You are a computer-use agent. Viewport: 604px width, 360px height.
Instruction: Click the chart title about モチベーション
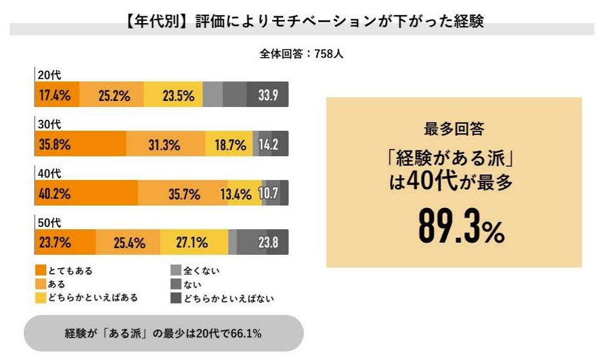[301, 22]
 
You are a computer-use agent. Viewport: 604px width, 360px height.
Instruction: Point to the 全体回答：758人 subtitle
[301, 54]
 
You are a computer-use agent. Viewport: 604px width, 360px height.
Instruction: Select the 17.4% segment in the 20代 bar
[55, 95]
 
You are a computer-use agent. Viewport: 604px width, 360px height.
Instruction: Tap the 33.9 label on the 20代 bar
[268, 95]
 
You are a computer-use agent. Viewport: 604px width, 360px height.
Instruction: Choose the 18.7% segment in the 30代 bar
[230, 145]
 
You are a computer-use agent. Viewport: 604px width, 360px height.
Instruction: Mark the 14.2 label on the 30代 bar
[269, 145]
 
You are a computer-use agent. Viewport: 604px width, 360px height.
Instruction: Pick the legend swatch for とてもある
[41, 270]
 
